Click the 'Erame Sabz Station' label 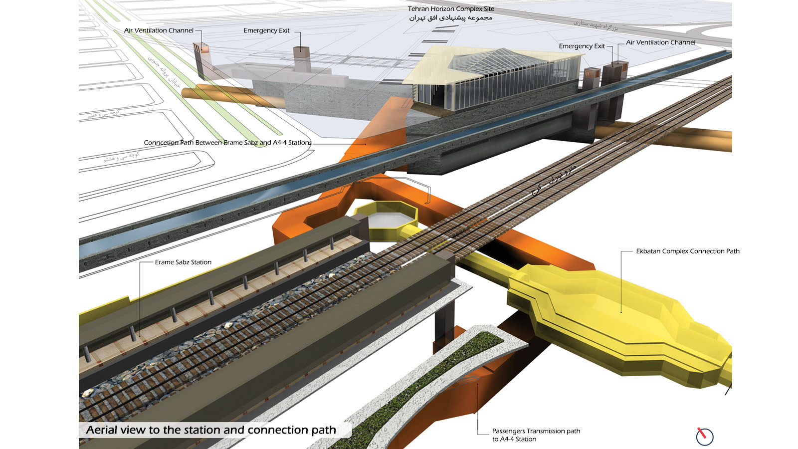pyautogui.click(x=183, y=262)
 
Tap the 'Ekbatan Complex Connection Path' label pyautogui.click(x=687, y=251)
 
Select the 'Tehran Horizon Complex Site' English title pyautogui.click(x=451, y=8)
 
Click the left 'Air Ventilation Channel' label pyautogui.click(x=159, y=30)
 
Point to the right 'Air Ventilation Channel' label pyautogui.click(x=660, y=42)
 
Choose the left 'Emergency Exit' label pyautogui.click(x=266, y=30)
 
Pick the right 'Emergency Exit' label pyautogui.click(x=582, y=46)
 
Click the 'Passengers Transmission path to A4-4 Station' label pyautogui.click(x=536, y=435)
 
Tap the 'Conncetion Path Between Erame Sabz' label pyautogui.click(x=227, y=143)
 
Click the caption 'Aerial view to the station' pyautogui.click(x=211, y=430)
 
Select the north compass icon pyautogui.click(x=704, y=436)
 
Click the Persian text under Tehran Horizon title pyautogui.click(x=451, y=18)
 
